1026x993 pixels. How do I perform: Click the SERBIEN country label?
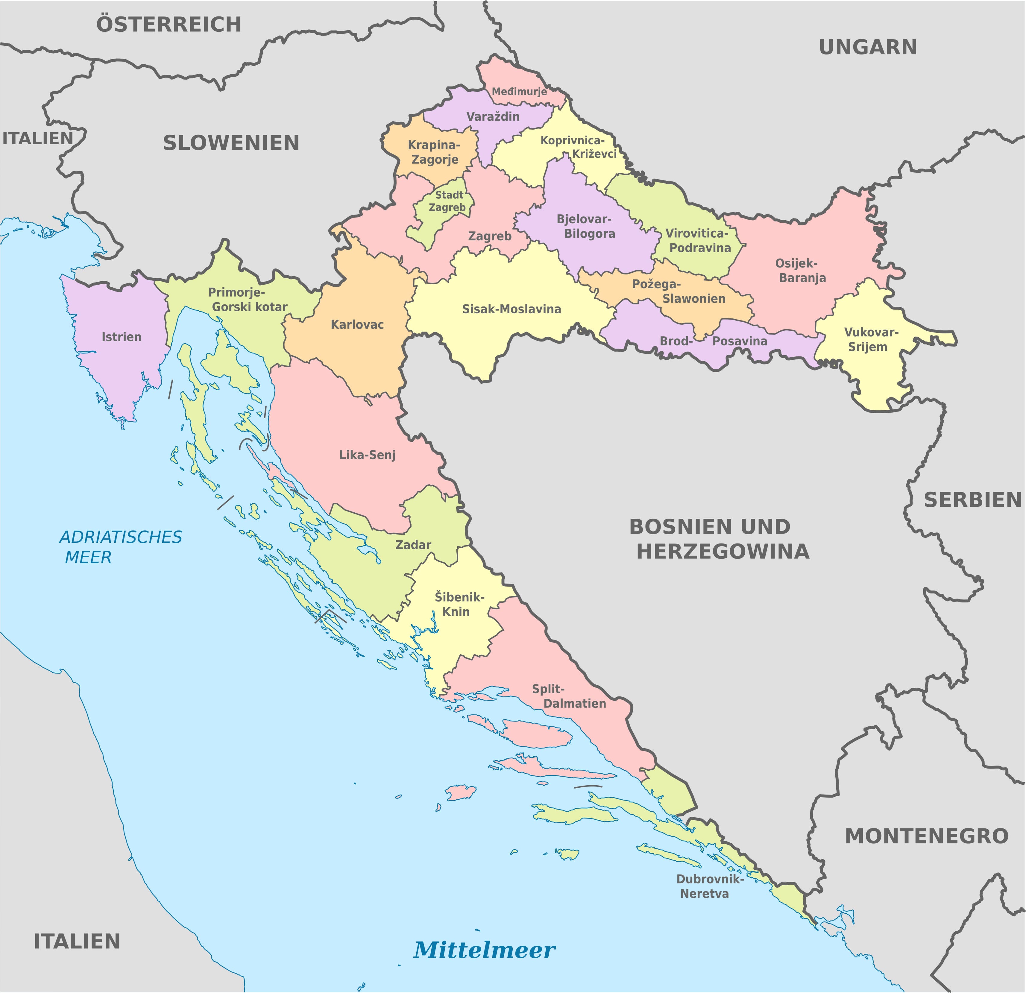[x=972, y=500]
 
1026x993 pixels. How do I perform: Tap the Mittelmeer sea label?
[x=484, y=949]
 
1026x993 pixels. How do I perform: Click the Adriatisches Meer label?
[x=120, y=547]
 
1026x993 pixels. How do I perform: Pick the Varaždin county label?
[x=493, y=116]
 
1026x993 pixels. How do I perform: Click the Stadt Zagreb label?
[x=447, y=201]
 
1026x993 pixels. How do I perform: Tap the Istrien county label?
[x=122, y=337]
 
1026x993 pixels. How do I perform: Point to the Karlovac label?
[x=357, y=324]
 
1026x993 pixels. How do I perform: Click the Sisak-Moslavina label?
[x=512, y=309]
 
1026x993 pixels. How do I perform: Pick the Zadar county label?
[x=413, y=545]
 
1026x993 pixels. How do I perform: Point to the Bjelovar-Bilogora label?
[x=586, y=226]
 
